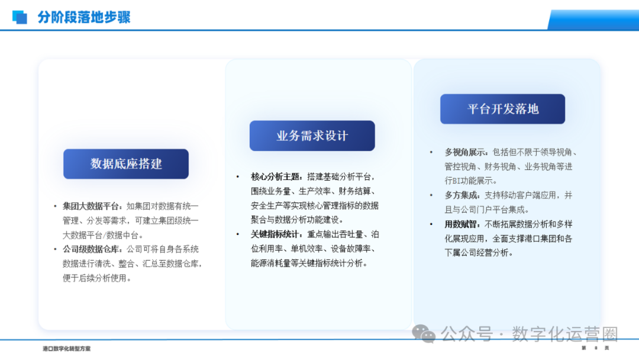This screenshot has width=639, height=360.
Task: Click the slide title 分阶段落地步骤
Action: point(84,17)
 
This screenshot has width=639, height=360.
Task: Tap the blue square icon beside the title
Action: point(20,17)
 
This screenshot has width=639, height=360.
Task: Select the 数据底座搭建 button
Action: point(126,164)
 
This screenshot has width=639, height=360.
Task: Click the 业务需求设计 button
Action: point(312,136)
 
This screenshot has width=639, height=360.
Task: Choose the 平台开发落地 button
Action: point(502,109)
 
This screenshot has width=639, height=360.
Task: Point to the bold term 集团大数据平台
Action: point(92,206)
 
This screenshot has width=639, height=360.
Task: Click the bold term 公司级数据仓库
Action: point(92,249)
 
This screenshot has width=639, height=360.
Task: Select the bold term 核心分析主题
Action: point(276,177)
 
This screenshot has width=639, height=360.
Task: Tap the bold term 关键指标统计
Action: point(276,234)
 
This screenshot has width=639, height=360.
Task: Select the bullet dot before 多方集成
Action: point(431,195)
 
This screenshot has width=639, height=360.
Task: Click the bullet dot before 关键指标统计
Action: point(238,234)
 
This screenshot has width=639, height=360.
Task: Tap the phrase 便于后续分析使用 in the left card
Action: point(95,278)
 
